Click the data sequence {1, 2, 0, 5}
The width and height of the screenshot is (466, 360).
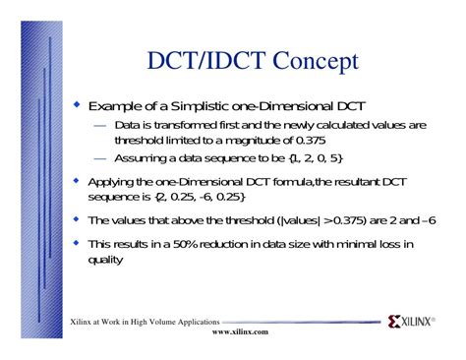316,158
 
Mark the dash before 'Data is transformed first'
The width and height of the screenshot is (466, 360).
101,126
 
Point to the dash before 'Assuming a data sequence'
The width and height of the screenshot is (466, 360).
101,158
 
